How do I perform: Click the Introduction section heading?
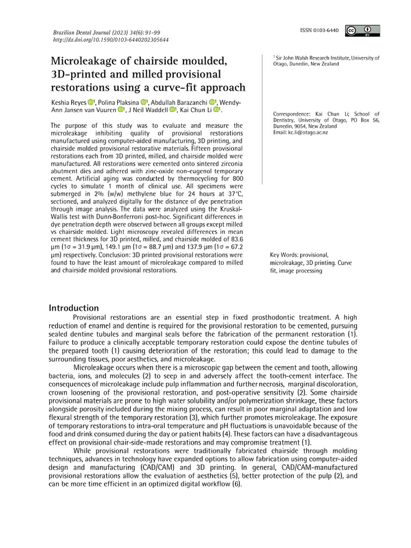coord(74,308)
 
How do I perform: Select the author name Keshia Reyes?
coord(67,102)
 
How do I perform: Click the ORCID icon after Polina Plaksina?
coord(143,102)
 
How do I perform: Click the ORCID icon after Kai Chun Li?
coord(216,110)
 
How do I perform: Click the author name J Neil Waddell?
coord(148,110)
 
